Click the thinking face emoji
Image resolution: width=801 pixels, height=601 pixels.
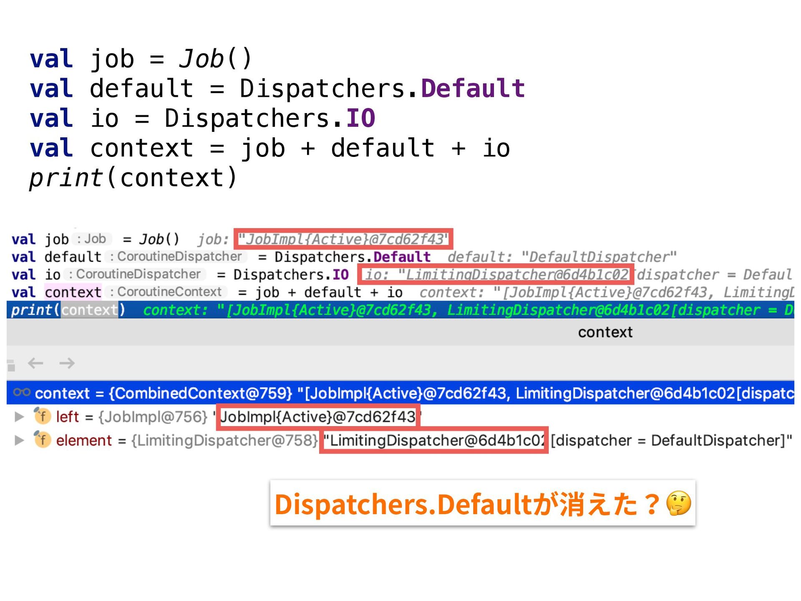click(x=678, y=503)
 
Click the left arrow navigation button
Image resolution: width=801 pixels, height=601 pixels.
click(x=35, y=363)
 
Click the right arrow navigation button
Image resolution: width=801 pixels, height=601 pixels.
click(x=67, y=363)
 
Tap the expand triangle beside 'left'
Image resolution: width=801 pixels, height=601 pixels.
click(x=19, y=417)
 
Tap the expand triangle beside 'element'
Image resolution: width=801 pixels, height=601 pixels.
click(x=19, y=440)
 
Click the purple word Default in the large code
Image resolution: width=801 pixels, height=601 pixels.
click(x=473, y=88)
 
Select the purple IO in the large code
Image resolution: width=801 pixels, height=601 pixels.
click(x=361, y=118)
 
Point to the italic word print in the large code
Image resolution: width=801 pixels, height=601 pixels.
click(x=66, y=178)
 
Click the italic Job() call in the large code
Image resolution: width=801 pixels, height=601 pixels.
click(x=215, y=58)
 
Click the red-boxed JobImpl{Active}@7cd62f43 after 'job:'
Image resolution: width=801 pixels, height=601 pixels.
click(x=343, y=239)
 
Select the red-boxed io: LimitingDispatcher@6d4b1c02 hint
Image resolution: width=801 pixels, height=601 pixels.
click(x=496, y=274)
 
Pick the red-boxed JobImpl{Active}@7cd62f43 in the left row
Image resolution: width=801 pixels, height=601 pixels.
click(x=318, y=417)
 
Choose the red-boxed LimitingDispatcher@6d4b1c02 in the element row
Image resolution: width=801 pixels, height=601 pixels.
click(x=433, y=440)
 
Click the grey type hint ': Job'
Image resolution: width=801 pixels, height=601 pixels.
click(x=92, y=239)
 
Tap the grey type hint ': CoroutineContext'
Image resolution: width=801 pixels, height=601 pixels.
click(x=166, y=292)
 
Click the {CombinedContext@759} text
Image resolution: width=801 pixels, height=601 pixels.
click(x=200, y=393)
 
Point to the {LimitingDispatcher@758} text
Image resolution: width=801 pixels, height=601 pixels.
click(x=224, y=440)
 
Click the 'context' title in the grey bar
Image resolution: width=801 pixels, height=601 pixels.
click(x=605, y=332)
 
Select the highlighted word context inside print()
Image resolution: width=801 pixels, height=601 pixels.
click(x=89, y=310)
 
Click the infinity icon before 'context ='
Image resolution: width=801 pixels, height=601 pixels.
click(x=22, y=392)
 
